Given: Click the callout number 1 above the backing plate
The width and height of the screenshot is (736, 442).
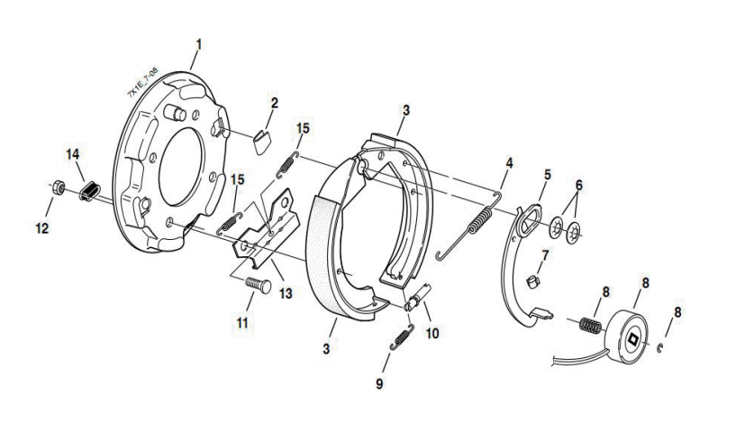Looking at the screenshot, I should [198, 42].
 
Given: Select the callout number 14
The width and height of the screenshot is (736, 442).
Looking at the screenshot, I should [73, 152].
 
